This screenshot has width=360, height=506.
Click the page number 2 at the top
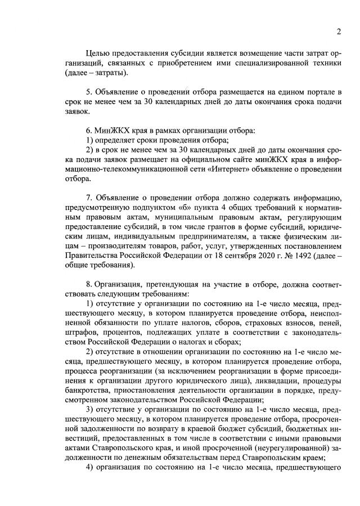click(339, 32)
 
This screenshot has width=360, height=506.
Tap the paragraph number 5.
click(88, 91)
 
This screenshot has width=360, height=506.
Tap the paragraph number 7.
click(88, 198)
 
